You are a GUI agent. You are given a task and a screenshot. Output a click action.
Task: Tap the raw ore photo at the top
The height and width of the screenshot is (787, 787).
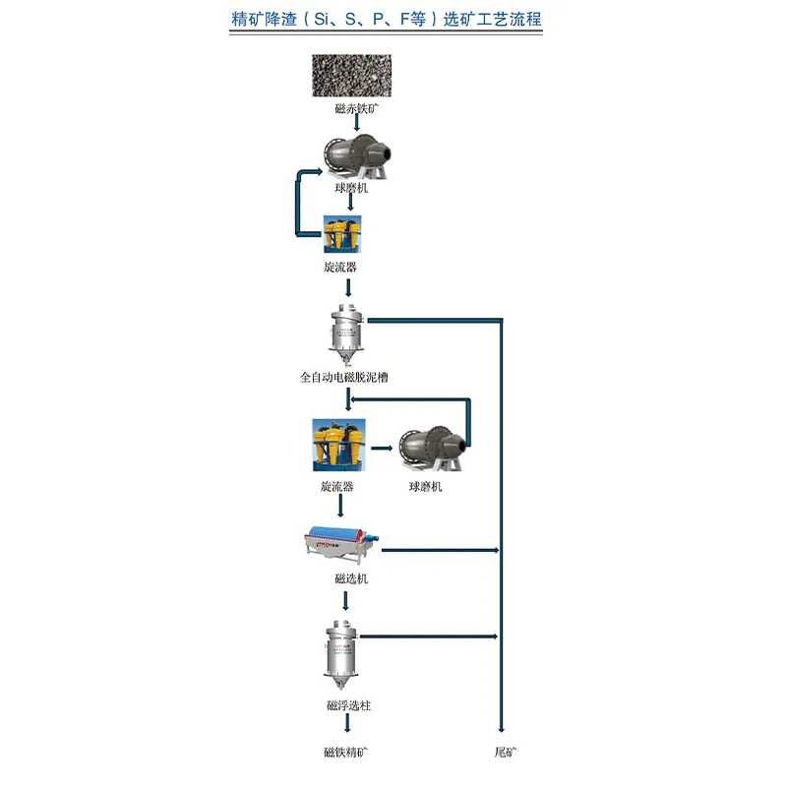[x=351, y=76]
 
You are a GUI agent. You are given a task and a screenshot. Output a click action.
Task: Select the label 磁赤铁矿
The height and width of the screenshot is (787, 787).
[x=352, y=109]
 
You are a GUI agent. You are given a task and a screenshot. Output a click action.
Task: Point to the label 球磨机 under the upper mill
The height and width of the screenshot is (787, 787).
[x=351, y=188]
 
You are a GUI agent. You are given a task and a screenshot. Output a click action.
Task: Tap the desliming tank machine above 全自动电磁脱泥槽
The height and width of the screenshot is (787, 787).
[x=345, y=333]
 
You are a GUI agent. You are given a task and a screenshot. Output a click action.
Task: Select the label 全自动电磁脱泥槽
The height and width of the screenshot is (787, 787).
[x=350, y=377]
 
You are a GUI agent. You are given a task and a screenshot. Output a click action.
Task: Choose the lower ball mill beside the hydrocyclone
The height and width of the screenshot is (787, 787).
[x=428, y=452]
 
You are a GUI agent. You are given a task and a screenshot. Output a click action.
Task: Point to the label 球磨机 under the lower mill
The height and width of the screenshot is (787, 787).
[x=426, y=487]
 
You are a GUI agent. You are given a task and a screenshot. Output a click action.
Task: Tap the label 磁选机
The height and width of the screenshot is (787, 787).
[x=350, y=579]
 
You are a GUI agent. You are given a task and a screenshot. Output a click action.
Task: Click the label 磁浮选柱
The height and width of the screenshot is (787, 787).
[x=348, y=705]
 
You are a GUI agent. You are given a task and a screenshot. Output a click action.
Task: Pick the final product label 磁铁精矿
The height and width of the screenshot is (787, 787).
[x=346, y=753]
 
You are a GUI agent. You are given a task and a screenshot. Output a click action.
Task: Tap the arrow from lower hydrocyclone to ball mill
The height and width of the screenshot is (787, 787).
[x=383, y=453]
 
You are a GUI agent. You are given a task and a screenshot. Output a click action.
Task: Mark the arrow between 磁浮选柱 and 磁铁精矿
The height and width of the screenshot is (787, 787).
[x=347, y=725]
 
